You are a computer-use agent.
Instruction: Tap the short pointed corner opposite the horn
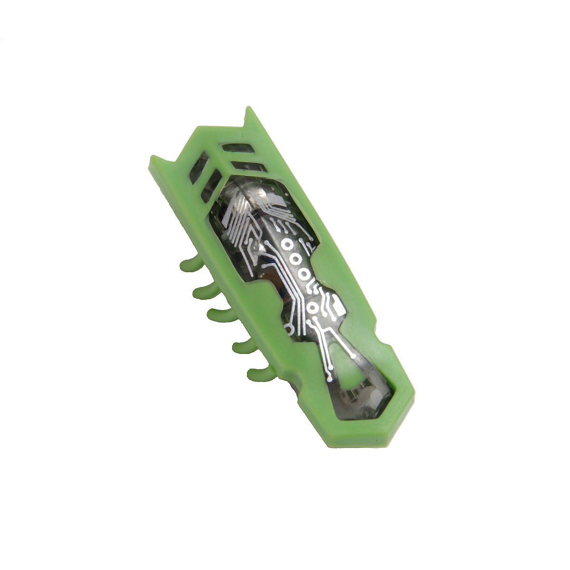pos(155,161)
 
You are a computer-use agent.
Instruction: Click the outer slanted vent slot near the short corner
pos(199,169)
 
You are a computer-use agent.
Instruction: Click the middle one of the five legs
pos(218,313)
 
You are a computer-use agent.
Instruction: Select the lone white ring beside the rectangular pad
pos(313,309)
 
